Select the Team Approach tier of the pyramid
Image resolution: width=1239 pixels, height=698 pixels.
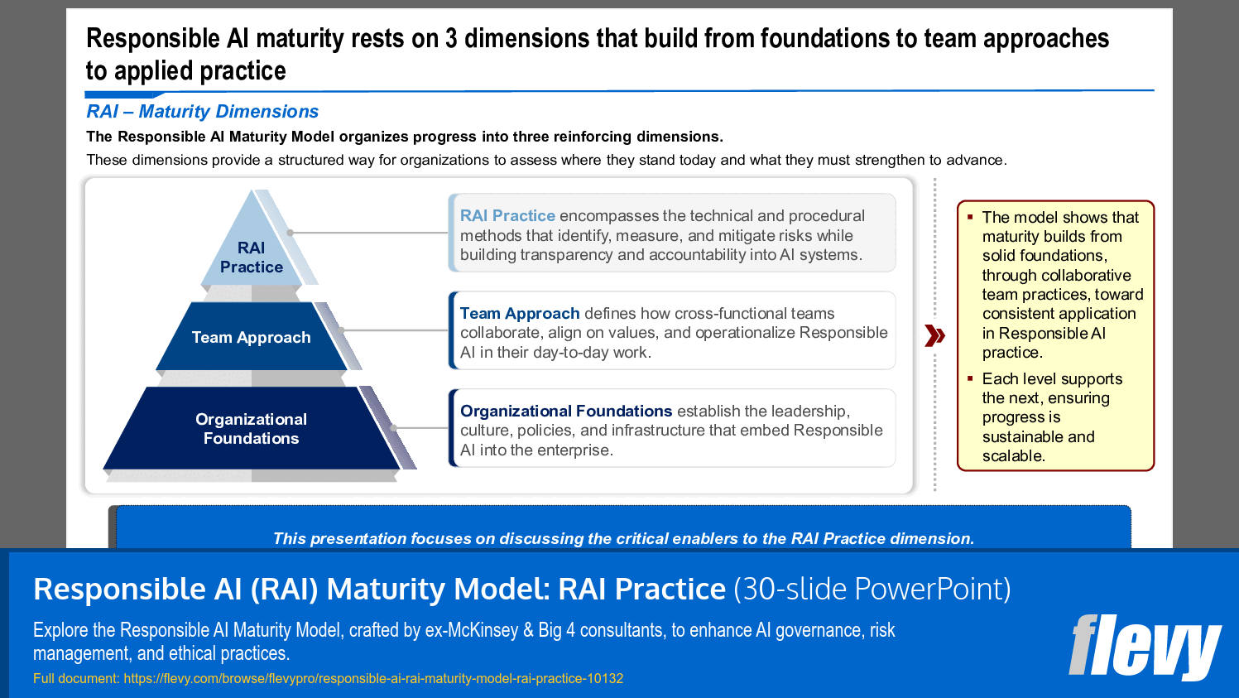pyautogui.click(x=252, y=337)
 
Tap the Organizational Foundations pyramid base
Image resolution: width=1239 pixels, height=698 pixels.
pyautogui.click(x=252, y=428)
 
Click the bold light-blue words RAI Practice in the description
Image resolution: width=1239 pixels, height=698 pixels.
pyautogui.click(x=507, y=216)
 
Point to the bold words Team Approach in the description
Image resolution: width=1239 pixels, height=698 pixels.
pyautogui.click(x=520, y=314)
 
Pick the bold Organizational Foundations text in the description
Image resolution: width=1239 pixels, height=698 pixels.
pyautogui.click(x=566, y=412)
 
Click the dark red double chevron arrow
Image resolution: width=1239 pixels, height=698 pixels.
pyautogui.click(x=934, y=335)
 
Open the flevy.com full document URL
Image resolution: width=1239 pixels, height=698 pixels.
pyautogui.click(x=373, y=679)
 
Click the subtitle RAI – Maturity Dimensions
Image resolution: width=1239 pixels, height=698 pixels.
pyautogui.click(x=202, y=112)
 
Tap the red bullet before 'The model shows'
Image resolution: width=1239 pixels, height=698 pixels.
pyautogui.click(x=970, y=217)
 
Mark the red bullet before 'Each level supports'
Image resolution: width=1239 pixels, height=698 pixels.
pyautogui.click(x=970, y=378)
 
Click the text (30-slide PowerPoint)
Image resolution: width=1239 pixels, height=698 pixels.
pyautogui.click(x=872, y=589)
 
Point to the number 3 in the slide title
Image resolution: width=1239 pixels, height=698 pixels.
pyautogui.click(x=451, y=39)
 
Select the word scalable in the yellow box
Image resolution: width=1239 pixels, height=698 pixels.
pyautogui.click(x=1012, y=456)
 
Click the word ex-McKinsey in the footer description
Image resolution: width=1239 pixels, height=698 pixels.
pyautogui.click(x=471, y=630)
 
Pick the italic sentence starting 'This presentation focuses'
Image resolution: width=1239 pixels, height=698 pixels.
pyautogui.click(x=623, y=539)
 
